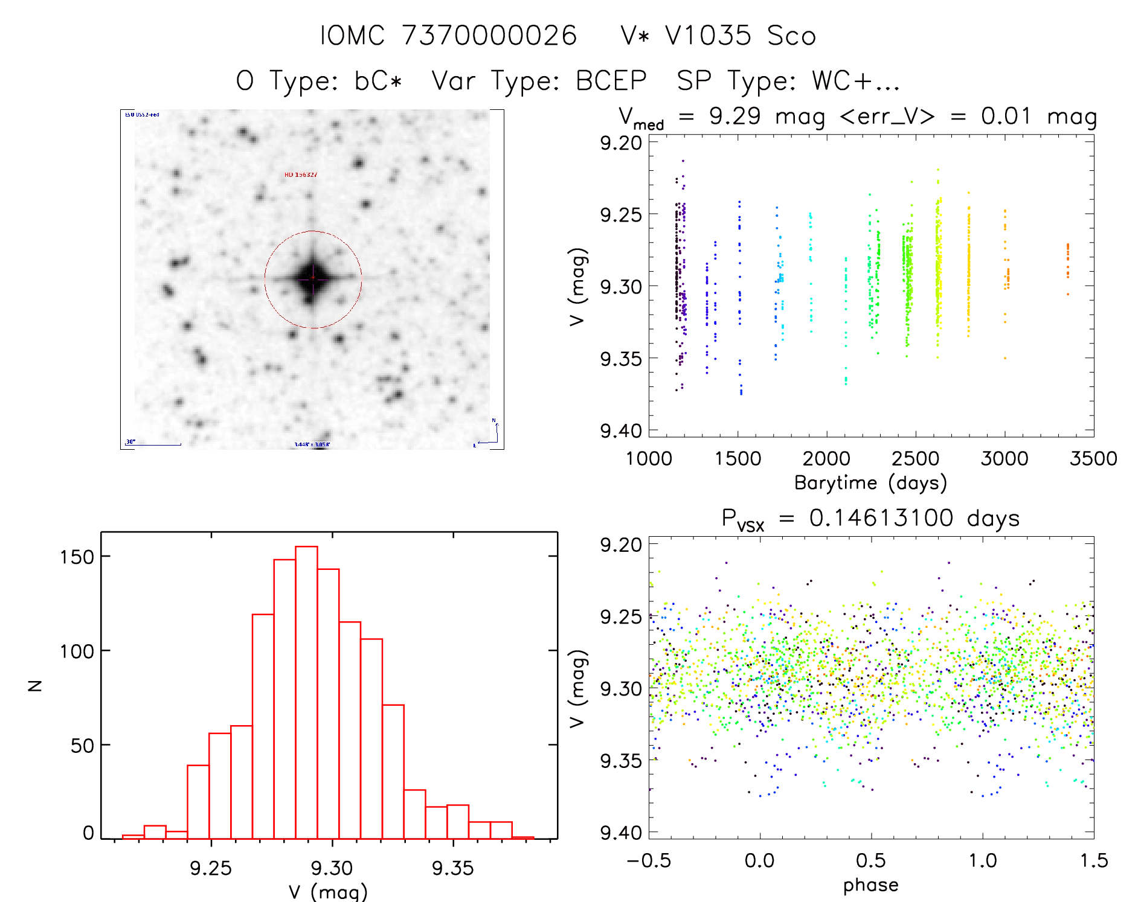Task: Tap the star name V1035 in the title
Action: (708, 36)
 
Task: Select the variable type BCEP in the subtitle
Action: (611, 81)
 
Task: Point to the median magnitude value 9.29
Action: (734, 116)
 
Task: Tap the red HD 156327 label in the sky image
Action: (301, 174)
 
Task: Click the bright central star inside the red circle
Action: (313, 278)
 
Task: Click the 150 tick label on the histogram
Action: (77, 557)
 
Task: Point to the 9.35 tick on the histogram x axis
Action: (453, 868)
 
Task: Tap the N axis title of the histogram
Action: (36, 685)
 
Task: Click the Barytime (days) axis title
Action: (870, 483)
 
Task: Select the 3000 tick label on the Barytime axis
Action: (1004, 459)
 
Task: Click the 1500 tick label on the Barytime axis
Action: (738, 459)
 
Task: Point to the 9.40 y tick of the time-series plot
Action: (620, 431)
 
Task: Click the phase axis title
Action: (870, 885)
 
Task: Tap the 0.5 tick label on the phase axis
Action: (870, 860)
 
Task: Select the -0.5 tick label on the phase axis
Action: (649, 860)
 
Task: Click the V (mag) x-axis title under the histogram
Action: (328, 892)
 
